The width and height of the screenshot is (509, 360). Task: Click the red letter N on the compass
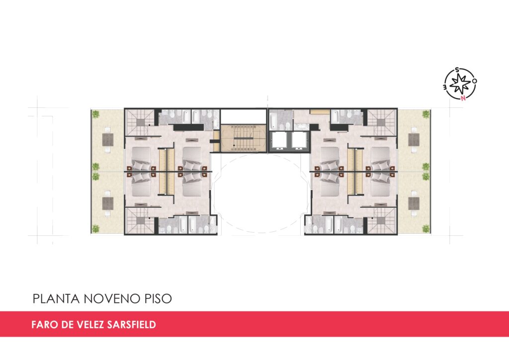(463, 98)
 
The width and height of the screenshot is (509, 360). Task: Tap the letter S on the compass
(457, 70)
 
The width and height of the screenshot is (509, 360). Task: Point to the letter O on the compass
(475, 81)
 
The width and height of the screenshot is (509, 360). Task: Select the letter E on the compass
(445, 87)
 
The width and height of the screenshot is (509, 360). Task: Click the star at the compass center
(461, 83)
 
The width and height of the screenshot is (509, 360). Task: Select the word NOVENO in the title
(112, 299)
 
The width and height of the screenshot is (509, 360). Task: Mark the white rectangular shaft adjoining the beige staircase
(244, 116)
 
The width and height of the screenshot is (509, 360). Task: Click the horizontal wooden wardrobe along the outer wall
(320, 112)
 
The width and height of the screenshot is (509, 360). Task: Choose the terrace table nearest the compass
(414, 140)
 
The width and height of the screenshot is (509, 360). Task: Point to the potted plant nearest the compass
(425, 114)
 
